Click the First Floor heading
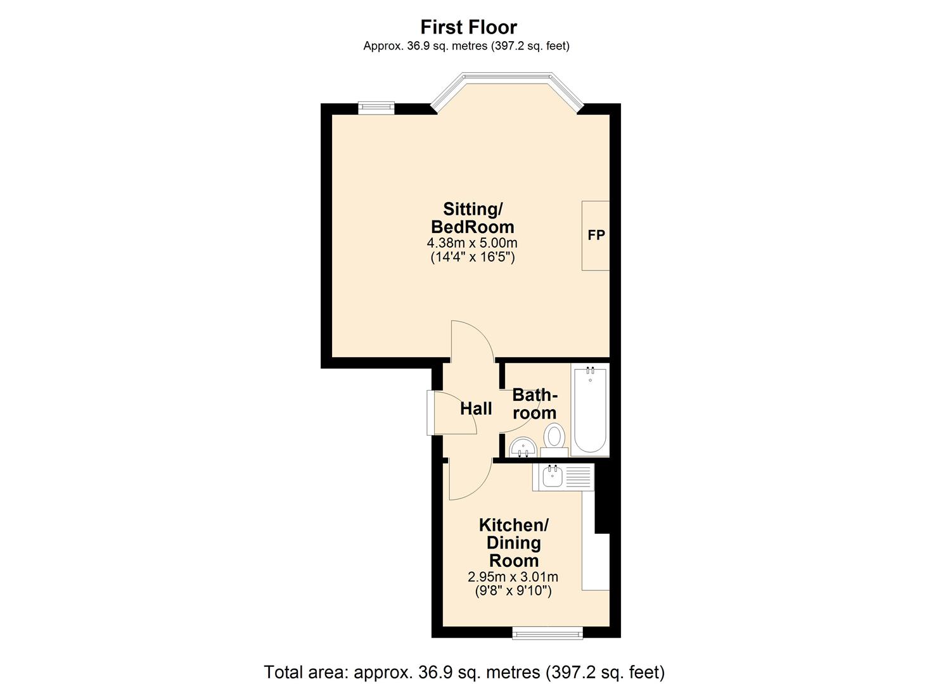(469, 27)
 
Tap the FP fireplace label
(596, 236)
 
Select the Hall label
(476, 409)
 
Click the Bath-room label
(535, 404)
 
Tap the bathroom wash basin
(523, 447)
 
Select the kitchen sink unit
(563, 476)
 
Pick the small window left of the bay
(376, 108)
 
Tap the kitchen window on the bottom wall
(547, 632)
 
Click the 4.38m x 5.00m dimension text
(472, 243)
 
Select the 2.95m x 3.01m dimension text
(513, 577)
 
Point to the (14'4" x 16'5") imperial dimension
(472, 258)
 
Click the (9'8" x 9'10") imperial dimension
(513, 592)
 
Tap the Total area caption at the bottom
(464, 672)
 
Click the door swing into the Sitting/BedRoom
(472, 342)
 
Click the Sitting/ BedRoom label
(473, 218)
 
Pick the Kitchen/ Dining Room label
(513, 543)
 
